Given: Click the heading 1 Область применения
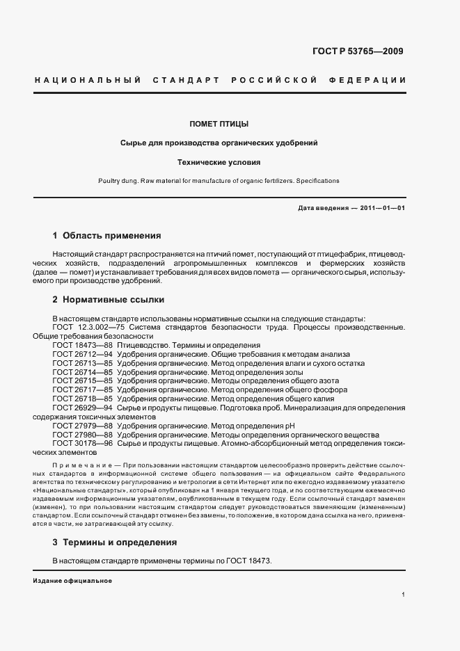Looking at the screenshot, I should point(106,235).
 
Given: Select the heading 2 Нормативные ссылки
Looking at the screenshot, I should point(108,300).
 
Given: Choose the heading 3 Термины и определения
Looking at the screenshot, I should point(115,542).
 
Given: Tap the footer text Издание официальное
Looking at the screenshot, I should point(72,580).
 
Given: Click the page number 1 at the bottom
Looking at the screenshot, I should point(404,595).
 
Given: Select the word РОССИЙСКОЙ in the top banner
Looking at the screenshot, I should point(274,81).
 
